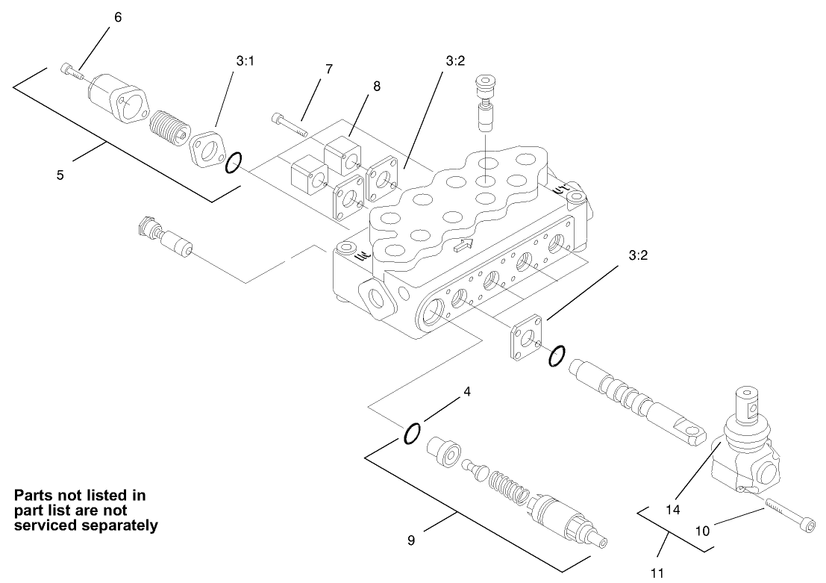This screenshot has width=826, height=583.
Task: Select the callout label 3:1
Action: (x=245, y=62)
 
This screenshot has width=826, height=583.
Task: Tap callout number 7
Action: (x=328, y=69)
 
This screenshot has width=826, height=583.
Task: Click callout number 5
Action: (x=60, y=175)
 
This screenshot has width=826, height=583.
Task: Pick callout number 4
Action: (x=468, y=390)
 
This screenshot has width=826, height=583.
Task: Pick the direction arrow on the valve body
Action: (x=463, y=244)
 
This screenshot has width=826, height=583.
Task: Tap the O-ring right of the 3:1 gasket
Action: (x=234, y=161)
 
